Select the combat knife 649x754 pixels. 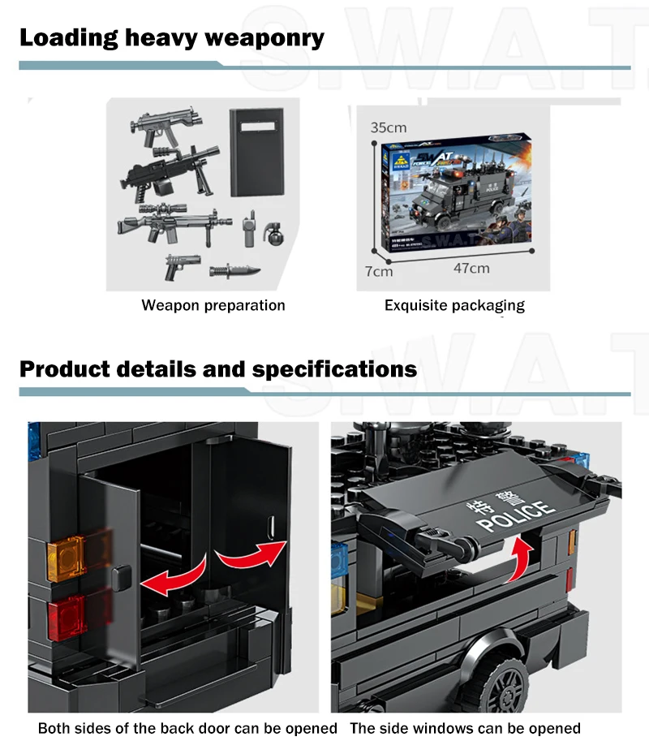235,272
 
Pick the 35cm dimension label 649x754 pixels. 389,127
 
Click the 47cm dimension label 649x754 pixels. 471,268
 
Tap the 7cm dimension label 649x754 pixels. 378,271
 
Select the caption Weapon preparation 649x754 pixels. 213,306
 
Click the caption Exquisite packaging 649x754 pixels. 454,306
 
